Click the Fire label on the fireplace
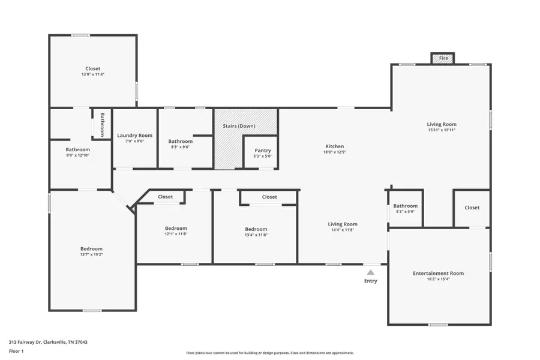[x=443, y=58]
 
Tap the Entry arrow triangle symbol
[x=370, y=272]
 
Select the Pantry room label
[x=263, y=151]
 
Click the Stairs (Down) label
[x=238, y=126]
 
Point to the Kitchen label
[x=334, y=146]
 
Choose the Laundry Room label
[x=134, y=136]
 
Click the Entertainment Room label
[x=438, y=274]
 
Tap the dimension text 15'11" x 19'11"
[x=442, y=130]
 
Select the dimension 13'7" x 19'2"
[x=92, y=254]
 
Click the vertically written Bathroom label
[x=103, y=124]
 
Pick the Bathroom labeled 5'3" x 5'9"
[x=406, y=206]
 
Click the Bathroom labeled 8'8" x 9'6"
[x=180, y=142]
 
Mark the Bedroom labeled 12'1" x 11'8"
[x=176, y=228]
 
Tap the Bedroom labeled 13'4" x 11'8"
[x=256, y=229]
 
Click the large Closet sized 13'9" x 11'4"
[x=92, y=68]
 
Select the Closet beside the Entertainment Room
[x=472, y=208]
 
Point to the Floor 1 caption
[x=16, y=350]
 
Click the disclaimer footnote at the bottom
[x=269, y=353]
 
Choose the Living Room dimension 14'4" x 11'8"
[x=342, y=230]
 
